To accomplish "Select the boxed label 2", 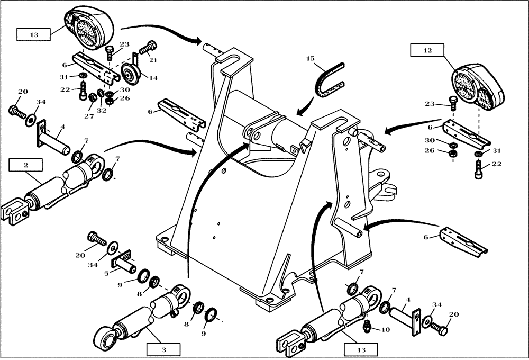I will pos(25,165).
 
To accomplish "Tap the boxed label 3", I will pos(164,349).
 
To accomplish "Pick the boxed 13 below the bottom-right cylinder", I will pos(360,349).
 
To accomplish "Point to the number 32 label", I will pos(102,111).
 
